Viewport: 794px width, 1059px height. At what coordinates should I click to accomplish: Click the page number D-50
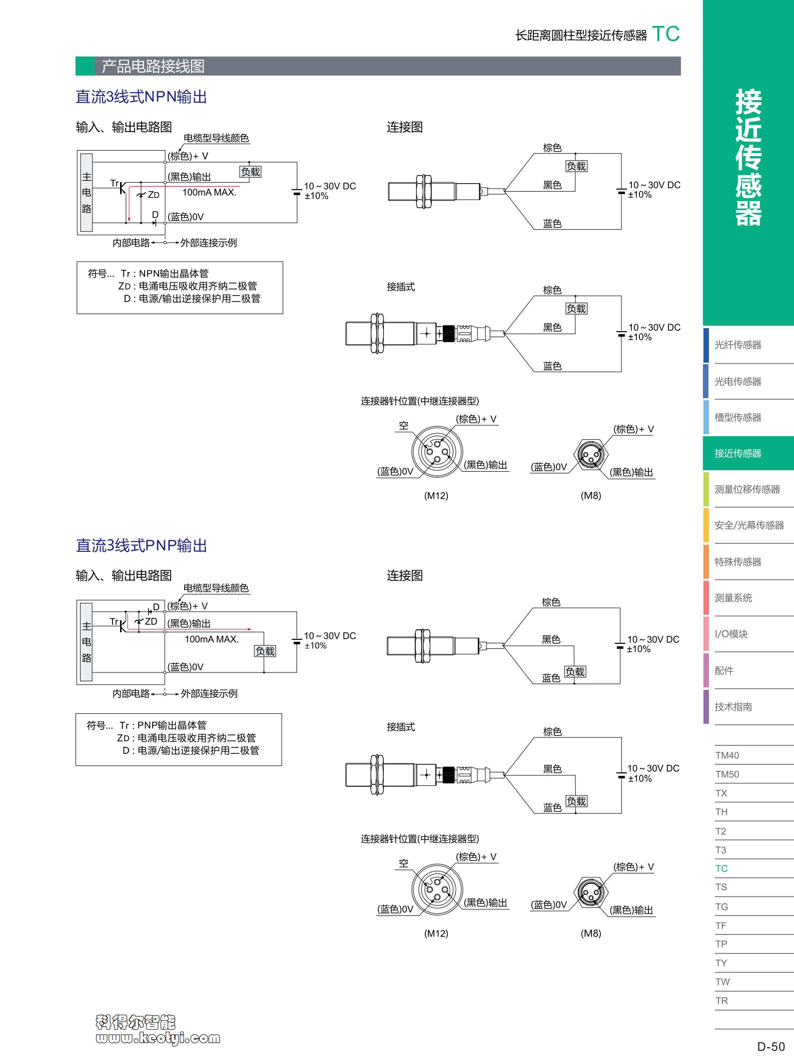pos(770,1046)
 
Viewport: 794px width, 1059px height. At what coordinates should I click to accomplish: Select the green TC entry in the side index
pos(721,868)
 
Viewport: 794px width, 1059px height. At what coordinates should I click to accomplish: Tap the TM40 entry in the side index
pos(727,755)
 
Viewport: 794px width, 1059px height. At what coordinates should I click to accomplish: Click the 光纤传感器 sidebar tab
pos(737,345)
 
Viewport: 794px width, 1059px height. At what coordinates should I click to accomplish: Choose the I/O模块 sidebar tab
pos(731,634)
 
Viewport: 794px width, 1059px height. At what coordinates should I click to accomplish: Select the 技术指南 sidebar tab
pos(733,706)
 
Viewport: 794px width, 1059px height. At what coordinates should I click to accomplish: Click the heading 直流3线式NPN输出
pos(141,97)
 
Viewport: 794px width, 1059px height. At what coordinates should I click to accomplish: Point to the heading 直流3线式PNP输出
pos(141,545)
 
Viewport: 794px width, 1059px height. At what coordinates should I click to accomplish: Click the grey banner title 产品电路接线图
pos(153,66)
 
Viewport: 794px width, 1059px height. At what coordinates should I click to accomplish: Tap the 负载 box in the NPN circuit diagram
pos(250,172)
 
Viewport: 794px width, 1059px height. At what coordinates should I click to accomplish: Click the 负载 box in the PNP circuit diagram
pos(265,651)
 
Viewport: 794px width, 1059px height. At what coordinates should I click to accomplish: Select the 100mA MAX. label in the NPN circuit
pos(209,193)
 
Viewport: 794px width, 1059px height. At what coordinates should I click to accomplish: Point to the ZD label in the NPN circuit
pos(154,195)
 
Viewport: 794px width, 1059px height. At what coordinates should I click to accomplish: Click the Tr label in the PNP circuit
pos(114,621)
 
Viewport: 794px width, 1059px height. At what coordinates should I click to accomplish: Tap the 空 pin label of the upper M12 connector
pos(404,426)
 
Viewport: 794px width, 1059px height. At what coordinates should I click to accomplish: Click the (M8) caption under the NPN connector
pos(591,496)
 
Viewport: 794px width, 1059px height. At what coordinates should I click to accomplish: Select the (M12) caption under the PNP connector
pos(436,933)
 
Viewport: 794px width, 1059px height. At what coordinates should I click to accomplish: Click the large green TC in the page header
pos(666,34)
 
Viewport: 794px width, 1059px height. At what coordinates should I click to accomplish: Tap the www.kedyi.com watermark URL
pos(158,1038)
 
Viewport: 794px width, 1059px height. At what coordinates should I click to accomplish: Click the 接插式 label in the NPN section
pos(401,287)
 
